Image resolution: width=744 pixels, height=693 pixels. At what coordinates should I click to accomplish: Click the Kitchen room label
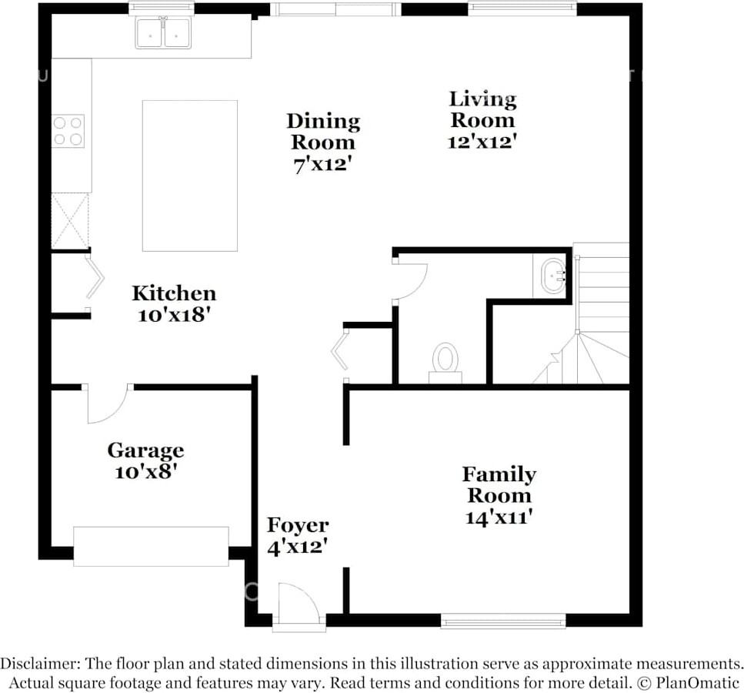coord(174,293)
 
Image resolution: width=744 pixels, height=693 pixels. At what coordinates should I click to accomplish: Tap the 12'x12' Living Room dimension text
coord(482,142)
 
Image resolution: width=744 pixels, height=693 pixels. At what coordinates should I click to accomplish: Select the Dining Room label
coord(323,132)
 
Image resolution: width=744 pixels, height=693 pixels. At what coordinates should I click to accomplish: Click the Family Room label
coord(499,484)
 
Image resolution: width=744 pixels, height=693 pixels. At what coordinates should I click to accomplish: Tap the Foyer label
coord(298,525)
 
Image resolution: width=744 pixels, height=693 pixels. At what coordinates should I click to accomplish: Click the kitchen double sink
coord(163,33)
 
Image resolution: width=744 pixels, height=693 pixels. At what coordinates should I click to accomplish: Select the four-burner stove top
coord(68,131)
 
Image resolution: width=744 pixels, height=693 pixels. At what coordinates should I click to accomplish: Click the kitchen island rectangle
coord(190,176)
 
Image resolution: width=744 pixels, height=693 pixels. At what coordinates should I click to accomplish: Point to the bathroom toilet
coord(445,363)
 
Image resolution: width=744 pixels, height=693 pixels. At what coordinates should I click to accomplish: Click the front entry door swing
coord(299,602)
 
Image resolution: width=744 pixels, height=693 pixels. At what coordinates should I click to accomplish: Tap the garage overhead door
coord(151,546)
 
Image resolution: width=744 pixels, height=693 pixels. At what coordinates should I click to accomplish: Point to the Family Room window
coord(503,621)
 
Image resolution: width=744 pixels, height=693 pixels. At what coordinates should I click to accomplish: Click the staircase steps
coord(601,313)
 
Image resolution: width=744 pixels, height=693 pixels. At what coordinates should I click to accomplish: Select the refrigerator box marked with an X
coord(70,221)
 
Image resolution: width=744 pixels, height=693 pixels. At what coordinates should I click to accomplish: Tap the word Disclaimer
coord(39,664)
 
